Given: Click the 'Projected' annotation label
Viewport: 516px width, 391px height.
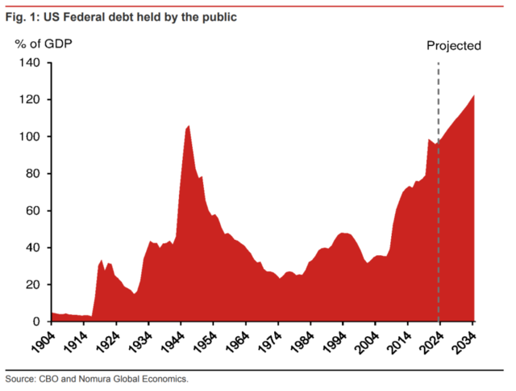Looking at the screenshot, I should point(453,45).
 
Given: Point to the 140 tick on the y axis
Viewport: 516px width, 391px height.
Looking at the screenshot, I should point(30,63).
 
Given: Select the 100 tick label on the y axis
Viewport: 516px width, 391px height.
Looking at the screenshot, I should point(30,137).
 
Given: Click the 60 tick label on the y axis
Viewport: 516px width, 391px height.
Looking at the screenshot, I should point(33,211).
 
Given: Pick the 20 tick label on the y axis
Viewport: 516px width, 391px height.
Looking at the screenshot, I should point(33,284).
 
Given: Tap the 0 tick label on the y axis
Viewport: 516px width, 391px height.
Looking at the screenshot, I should point(36,322).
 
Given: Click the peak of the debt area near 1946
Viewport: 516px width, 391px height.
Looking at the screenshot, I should point(188,126).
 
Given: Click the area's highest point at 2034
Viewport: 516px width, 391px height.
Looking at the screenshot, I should point(474,96).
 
